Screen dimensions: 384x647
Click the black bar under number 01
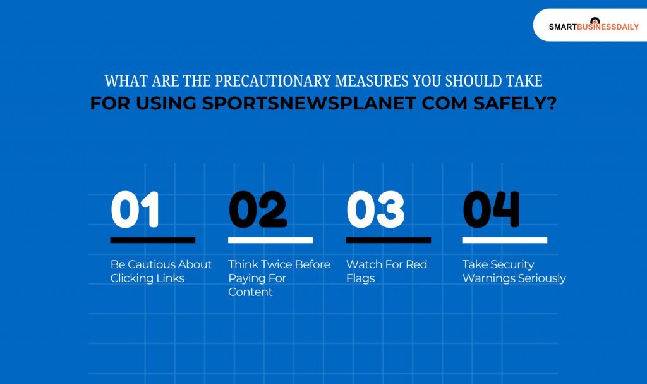pyautogui.click(x=152, y=240)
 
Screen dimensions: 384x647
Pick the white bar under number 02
pyautogui.click(x=270, y=240)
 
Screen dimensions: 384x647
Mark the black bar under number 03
pyautogui.click(x=388, y=240)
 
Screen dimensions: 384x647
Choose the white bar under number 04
pyautogui.click(x=504, y=240)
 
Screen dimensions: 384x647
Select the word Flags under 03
pyautogui.click(x=360, y=278)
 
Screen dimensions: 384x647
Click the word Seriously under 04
pyautogui.click(x=541, y=278)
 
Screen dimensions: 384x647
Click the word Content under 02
pyautogui.click(x=250, y=292)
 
